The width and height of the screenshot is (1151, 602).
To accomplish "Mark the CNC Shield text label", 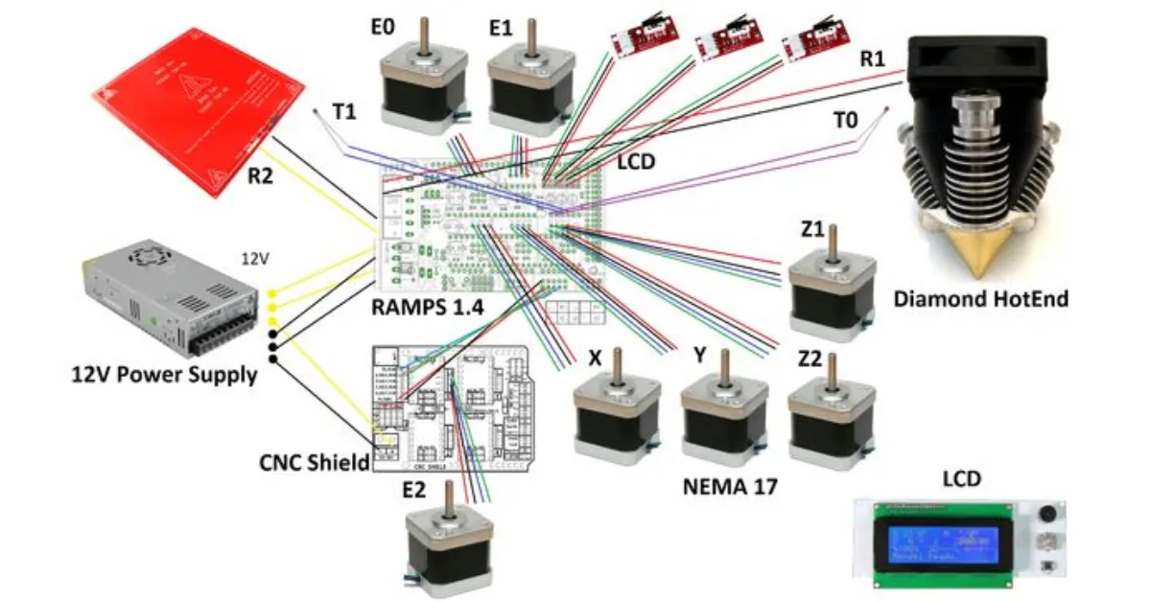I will click(315, 463).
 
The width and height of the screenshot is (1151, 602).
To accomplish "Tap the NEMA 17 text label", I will click(730, 486).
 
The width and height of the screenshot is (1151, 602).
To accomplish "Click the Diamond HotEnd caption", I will click(980, 299).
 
